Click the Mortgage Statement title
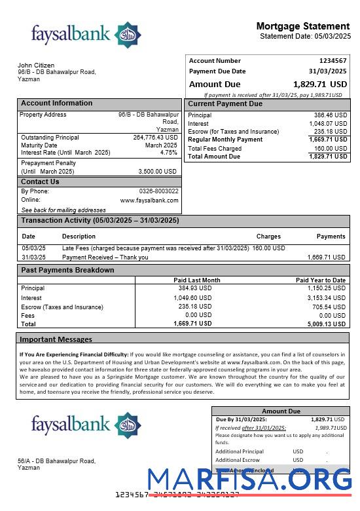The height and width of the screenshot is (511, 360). coord(303,26)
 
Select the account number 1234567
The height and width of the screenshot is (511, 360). coord(333,61)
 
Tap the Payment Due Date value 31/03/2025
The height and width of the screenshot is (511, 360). coord(327,71)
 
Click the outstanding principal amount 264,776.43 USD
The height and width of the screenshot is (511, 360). coord(155,138)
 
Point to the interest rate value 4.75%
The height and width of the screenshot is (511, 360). coord(168,153)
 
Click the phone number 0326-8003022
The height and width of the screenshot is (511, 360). coord(158,191)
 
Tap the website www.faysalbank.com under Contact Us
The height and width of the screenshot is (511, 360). coord(149,200)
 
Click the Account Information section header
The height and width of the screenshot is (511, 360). coord(57,104)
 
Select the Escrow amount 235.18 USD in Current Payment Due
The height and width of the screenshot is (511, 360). coord(331,132)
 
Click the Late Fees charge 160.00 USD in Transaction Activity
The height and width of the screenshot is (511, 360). coord(268,248)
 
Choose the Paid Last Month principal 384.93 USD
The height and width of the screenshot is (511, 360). coord(195,288)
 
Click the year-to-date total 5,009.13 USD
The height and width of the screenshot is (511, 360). coord(326,324)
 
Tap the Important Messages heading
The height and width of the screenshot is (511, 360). coord(56,339)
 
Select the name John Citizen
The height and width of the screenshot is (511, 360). coord(34,65)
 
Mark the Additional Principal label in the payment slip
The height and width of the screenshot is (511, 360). coord(240,451)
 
